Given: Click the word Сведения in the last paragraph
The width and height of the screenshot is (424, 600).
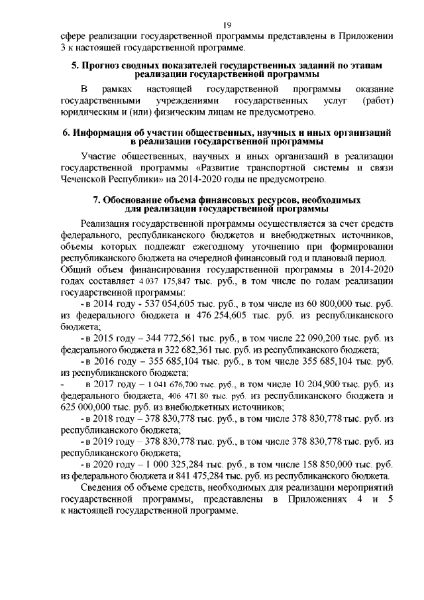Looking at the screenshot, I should coord(105,488).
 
